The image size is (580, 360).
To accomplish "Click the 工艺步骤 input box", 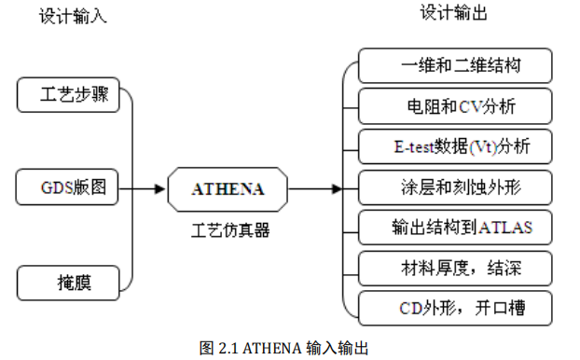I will tap(71, 95).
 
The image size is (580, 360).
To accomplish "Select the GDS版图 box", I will tap(71, 188).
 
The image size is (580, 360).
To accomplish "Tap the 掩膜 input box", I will tap(71, 281).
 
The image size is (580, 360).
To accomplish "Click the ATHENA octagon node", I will tap(228, 189).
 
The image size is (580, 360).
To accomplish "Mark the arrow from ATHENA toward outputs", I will tap(317, 189).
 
